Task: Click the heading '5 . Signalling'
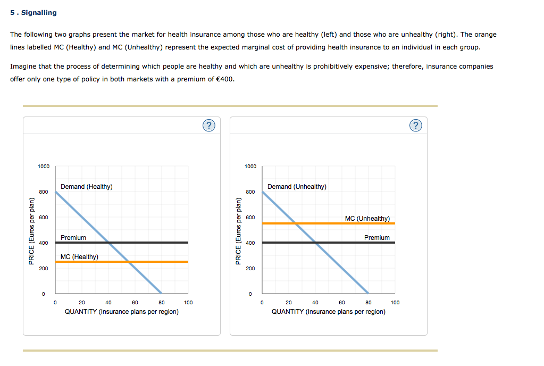tap(33, 12)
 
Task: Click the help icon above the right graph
tap(416, 126)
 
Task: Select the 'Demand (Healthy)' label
tap(86, 187)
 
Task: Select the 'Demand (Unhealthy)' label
tap(297, 187)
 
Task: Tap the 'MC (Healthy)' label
tap(79, 257)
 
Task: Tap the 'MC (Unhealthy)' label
tap(367, 219)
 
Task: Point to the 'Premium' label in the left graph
tap(73, 238)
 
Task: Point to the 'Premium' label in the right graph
tap(376, 238)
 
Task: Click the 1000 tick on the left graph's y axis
tap(43, 167)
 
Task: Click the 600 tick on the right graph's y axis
tap(250, 218)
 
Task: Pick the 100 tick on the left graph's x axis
tap(188, 302)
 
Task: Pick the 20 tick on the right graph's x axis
tap(289, 302)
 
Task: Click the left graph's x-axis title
tap(121, 312)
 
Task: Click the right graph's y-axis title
tap(238, 231)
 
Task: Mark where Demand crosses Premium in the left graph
tap(108, 243)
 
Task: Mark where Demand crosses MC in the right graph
tap(296, 223)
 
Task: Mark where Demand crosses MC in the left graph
tap(128, 262)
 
